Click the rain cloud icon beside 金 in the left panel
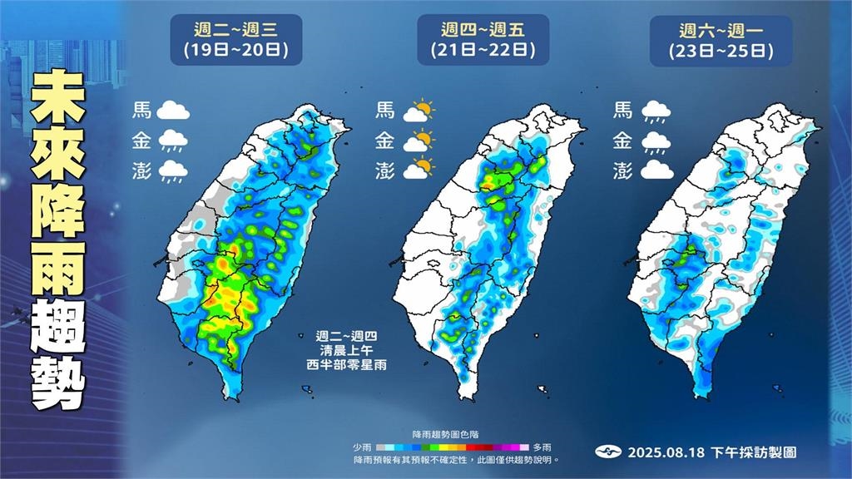(x=172, y=141)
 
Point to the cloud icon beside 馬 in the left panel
(x=172, y=110)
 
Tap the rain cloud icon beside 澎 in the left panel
(x=172, y=171)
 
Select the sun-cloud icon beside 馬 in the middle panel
(x=419, y=110)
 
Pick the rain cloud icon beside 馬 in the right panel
(x=656, y=110)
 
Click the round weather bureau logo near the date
(x=609, y=452)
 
